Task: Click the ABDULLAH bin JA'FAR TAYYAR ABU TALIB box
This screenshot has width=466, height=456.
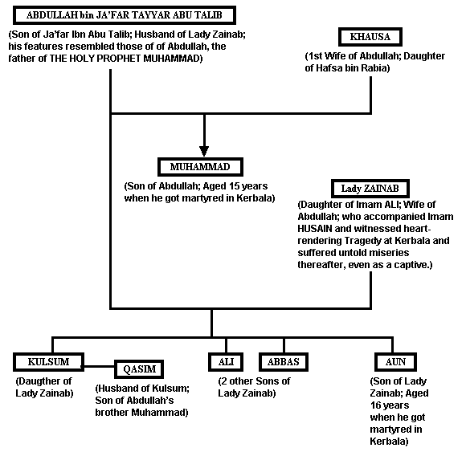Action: [125, 15]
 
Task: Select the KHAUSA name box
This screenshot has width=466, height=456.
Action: [370, 37]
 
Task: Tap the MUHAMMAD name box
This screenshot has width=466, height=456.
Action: [200, 167]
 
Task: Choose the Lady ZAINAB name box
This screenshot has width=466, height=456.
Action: [370, 189]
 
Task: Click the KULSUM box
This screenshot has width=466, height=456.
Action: [48, 362]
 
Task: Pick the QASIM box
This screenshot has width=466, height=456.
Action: [139, 369]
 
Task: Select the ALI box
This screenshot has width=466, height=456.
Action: [226, 362]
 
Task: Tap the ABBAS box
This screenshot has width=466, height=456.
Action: [284, 362]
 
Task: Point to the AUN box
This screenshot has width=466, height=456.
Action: [395, 362]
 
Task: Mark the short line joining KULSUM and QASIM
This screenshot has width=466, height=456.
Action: [100, 366]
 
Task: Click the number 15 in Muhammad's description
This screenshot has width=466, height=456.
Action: [234, 186]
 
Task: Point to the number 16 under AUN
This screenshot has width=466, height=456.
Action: [375, 405]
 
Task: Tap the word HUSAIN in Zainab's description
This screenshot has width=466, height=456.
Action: [315, 229]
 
